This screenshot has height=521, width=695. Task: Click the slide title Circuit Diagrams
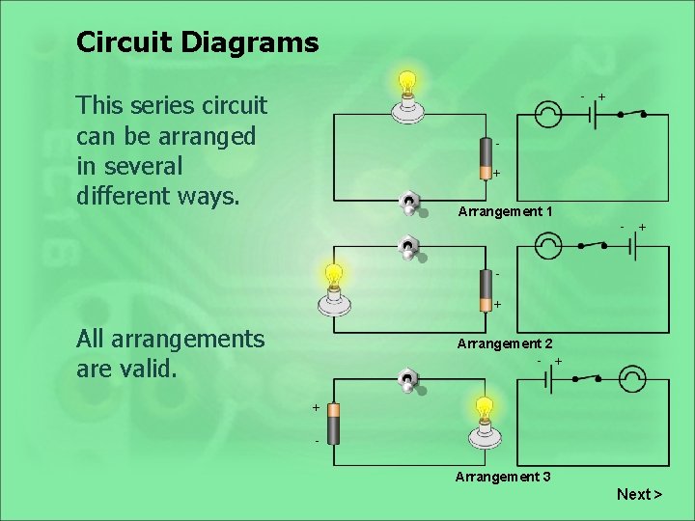click(197, 42)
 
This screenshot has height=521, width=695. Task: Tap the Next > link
click(639, 494)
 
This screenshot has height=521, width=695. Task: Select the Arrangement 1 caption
click(505, 211)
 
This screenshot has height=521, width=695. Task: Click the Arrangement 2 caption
click(505, 343)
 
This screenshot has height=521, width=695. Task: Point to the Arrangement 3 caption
click(503, 477)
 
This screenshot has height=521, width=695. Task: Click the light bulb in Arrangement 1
click(408, 97)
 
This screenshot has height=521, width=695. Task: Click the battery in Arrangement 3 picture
click(334, 424)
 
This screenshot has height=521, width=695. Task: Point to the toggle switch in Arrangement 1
click(410, 205)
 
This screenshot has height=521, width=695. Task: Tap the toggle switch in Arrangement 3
click(409, 382)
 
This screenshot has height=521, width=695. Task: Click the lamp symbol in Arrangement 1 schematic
click(548, 115)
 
